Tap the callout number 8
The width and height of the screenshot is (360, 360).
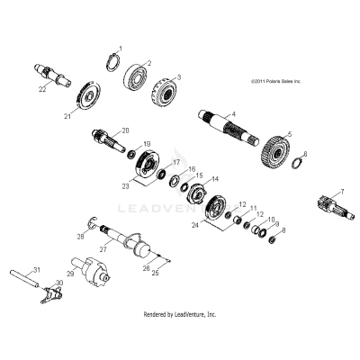point(283,230)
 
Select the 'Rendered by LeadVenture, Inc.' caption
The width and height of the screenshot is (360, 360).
point(180,315)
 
